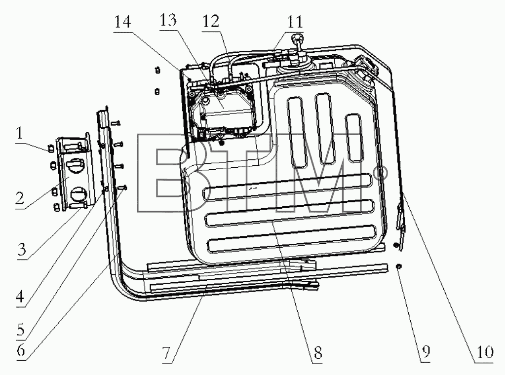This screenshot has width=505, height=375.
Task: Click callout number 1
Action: [20, 133]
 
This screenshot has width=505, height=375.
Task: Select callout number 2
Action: [20, 198]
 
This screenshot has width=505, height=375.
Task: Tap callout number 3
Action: [22, 249]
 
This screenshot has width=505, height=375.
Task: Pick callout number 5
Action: [21, 330]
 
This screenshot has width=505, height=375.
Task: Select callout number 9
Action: [426, 352]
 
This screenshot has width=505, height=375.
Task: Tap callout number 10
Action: [483, 352]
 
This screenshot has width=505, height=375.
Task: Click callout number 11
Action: [295, 22]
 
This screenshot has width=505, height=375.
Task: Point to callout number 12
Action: [211, 22]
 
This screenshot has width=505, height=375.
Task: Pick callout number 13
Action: [168, 20]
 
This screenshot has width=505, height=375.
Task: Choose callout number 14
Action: [123, 22]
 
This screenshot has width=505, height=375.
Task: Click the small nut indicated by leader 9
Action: [399, 266]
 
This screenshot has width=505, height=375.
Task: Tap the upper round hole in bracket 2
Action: [75, 166]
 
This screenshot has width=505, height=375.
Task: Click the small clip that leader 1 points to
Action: [50, 149]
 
